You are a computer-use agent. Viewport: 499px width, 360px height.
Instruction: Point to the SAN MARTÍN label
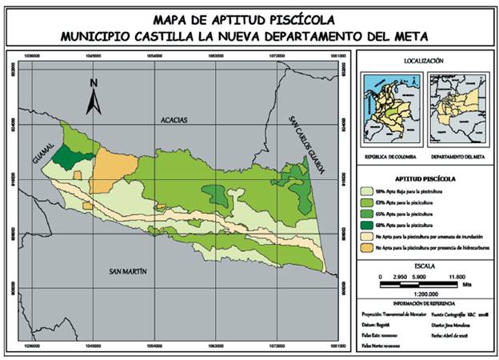(128, 272)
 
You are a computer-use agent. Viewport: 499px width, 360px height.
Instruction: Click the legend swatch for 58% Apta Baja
(368, 192)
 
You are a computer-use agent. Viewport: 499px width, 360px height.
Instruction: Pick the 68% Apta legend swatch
(368, 226)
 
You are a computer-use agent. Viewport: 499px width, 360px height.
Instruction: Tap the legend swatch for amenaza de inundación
(368, 238)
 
